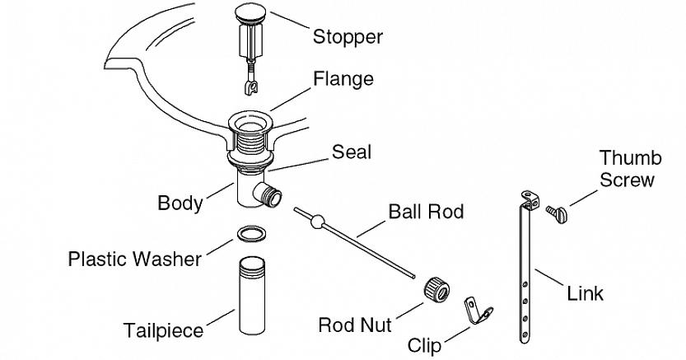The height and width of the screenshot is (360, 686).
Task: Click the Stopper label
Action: tap(348, 37)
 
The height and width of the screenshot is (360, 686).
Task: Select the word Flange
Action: tap(343, 79)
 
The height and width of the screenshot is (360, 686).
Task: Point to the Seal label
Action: tap(352, 152)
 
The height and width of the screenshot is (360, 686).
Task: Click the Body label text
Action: tap(180, 203)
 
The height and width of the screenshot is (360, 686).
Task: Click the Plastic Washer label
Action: tap(134, 259)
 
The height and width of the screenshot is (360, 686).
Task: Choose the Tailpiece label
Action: tap(163, 330)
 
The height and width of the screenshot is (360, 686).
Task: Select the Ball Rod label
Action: tap(426, 212)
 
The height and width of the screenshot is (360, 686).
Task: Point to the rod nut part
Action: tap(436, 288)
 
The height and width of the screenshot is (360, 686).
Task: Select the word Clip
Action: tap(424, 344)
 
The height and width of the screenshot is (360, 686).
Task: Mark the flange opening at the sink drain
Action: tap(250, 124)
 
